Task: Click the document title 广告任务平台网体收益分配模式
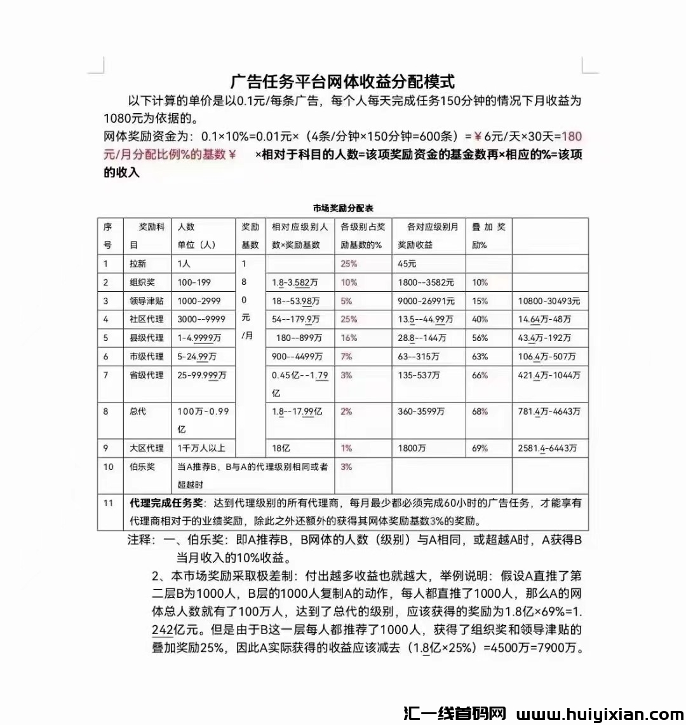(342, 81)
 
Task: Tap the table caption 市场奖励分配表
(343, 208)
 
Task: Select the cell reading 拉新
(138, 264)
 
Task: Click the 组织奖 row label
(142, 282)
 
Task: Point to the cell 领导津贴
(147, 301)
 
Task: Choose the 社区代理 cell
(147, 319)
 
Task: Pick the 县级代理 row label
(147, 338)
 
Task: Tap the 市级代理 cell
(147, 356)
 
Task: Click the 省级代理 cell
(147, 375)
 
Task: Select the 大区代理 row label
(147, 448)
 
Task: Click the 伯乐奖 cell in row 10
(142, 467)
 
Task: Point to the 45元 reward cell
(407, 264)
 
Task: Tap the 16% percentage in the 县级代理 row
(349, 338)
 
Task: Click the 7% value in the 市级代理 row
(346, 356)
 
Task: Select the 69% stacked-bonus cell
(480, 448)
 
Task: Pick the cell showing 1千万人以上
(201, 448)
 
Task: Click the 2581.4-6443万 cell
(548, 448)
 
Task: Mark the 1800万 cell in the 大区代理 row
(412, 448)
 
